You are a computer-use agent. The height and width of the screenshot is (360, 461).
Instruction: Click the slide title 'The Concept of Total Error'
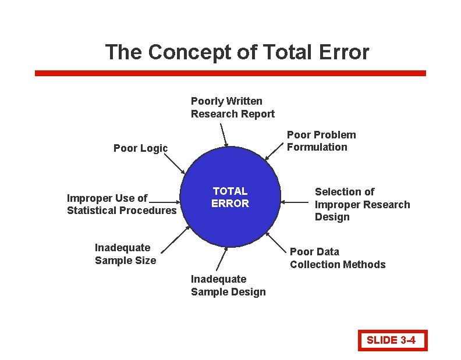click(x=237, y=52)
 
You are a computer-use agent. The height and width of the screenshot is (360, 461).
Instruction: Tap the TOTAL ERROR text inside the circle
click(x=230, y=197)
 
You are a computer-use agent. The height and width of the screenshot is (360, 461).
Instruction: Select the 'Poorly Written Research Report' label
click(x=232, y=108)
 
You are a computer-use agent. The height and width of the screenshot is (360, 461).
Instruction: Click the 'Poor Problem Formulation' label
click(x=321, y=141)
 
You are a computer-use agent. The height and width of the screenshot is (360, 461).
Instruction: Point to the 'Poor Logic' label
click(x=140, y=148)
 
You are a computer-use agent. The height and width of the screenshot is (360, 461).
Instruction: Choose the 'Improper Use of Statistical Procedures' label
click(x=121, y=204)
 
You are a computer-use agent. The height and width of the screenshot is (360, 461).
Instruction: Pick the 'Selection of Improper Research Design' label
click(x=362, y=204)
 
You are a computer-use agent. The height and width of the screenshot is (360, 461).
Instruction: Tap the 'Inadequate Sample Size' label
click(x=125, y=254)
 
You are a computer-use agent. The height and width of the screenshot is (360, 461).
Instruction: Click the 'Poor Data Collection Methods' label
click(x=337, y=258)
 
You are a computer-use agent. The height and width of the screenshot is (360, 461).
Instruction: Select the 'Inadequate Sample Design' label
click(x=228, y=286)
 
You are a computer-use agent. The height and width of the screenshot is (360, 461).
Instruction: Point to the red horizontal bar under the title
click(x=230, y=73)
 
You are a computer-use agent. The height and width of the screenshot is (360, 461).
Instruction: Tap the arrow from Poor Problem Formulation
click(x=274, y=152)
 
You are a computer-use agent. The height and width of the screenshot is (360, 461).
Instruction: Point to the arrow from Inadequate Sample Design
click(x=223, y=258)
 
